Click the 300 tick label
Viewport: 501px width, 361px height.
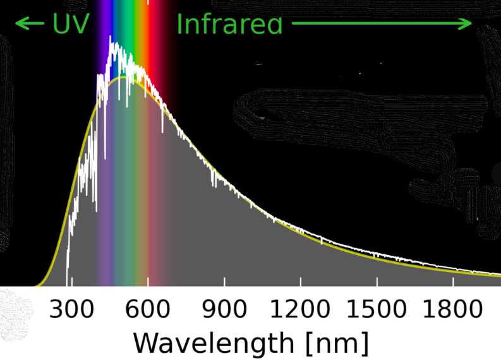pos(72,310)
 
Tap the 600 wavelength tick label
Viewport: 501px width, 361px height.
pos(148,310)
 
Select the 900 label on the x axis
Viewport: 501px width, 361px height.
pos(224,310)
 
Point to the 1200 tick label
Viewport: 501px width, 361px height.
pos(300,310)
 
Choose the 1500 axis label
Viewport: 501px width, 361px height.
pos(377,310)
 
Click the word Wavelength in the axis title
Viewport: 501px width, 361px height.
pos(213,343)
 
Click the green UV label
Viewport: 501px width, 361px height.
pos(71,24)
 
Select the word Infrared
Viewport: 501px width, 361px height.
pos(229,24)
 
